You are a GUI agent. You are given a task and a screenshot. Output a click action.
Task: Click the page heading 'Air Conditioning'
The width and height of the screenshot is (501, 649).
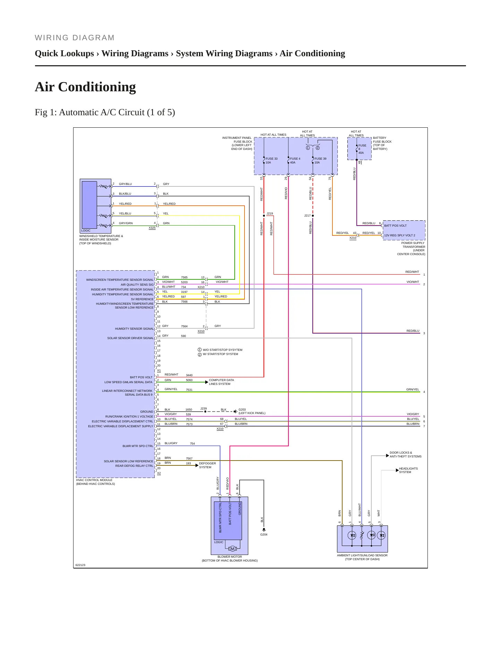[85, 87]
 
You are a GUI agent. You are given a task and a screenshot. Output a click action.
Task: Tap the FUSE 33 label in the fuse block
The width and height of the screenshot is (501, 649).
[271, 159]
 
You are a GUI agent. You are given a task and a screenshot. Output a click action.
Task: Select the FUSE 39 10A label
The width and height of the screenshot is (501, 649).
[320, 160]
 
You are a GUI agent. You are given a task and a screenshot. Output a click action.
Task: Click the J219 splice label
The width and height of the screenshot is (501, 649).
[270, 213]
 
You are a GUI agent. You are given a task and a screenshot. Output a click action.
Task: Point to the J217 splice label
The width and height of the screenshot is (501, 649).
[308, 216]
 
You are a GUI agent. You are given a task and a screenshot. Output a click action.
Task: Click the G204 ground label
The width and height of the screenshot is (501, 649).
[264, 534]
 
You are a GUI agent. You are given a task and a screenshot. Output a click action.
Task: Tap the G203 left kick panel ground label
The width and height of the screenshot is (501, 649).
[252, 411]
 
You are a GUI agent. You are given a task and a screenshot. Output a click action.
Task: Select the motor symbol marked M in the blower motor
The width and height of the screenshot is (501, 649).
[233, 549]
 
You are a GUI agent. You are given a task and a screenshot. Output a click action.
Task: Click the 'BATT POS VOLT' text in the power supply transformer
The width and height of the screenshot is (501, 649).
[395, 226]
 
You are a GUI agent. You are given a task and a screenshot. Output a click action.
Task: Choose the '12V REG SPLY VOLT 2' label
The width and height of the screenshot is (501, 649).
[399, 235]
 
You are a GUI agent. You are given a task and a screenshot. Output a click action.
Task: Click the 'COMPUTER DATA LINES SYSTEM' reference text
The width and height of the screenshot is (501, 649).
[221, 382]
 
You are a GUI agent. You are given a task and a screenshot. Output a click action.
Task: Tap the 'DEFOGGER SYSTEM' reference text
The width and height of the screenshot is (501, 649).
[207, 465]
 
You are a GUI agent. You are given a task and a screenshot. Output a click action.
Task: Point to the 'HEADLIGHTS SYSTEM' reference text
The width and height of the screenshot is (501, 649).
[408, 470]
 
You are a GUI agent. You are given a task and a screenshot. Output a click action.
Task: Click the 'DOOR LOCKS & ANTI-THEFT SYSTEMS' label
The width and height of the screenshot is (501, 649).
[406, 454]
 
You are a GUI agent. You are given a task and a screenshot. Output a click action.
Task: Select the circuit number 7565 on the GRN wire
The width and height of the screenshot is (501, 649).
[184, 277]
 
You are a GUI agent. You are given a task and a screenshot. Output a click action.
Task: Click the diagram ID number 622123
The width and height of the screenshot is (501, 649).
[80, 565]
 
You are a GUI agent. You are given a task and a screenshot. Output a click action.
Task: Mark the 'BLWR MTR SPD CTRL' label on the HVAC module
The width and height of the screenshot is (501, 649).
[138, 446]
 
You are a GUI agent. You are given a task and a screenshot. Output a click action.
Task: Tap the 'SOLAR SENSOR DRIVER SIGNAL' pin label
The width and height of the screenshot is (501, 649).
[130, 338]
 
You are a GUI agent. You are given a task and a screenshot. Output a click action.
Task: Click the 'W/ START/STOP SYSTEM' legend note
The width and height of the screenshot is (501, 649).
[221, 354]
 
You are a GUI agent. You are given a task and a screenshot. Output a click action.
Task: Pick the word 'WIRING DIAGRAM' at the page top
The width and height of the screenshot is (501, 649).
[75, 38]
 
